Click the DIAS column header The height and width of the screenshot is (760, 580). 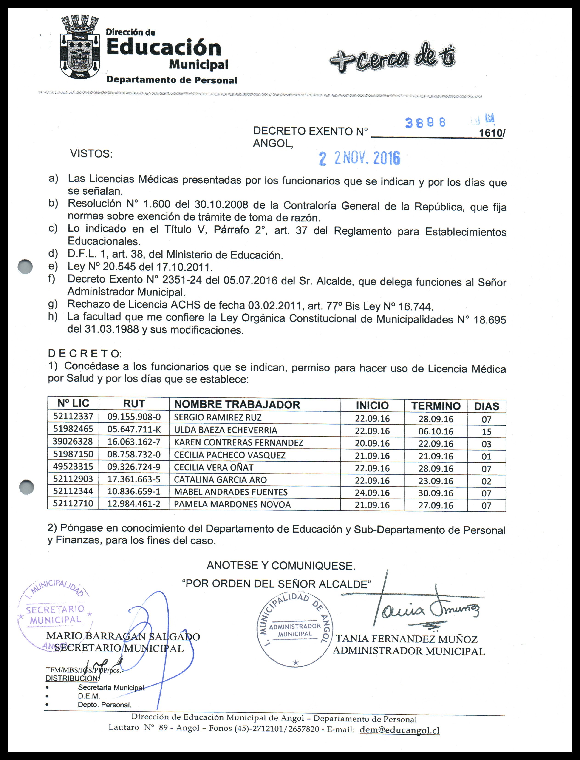[x=487, y=406]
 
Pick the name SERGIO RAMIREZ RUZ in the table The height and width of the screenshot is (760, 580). [x=218, y=417]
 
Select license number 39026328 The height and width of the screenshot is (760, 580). [x=73, y=442]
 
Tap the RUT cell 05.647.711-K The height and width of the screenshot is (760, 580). [x=134, y=430]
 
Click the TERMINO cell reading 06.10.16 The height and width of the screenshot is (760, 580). [x=436, y=431]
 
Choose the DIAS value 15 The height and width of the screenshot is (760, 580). [x=487, y=432]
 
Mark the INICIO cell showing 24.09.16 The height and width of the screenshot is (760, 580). [x=372, y=493]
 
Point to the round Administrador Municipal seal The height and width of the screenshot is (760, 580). [x=295, y=630]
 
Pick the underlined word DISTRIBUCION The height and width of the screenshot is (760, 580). [x=72, y=678]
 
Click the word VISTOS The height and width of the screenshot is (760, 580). [x=91, y=154]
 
